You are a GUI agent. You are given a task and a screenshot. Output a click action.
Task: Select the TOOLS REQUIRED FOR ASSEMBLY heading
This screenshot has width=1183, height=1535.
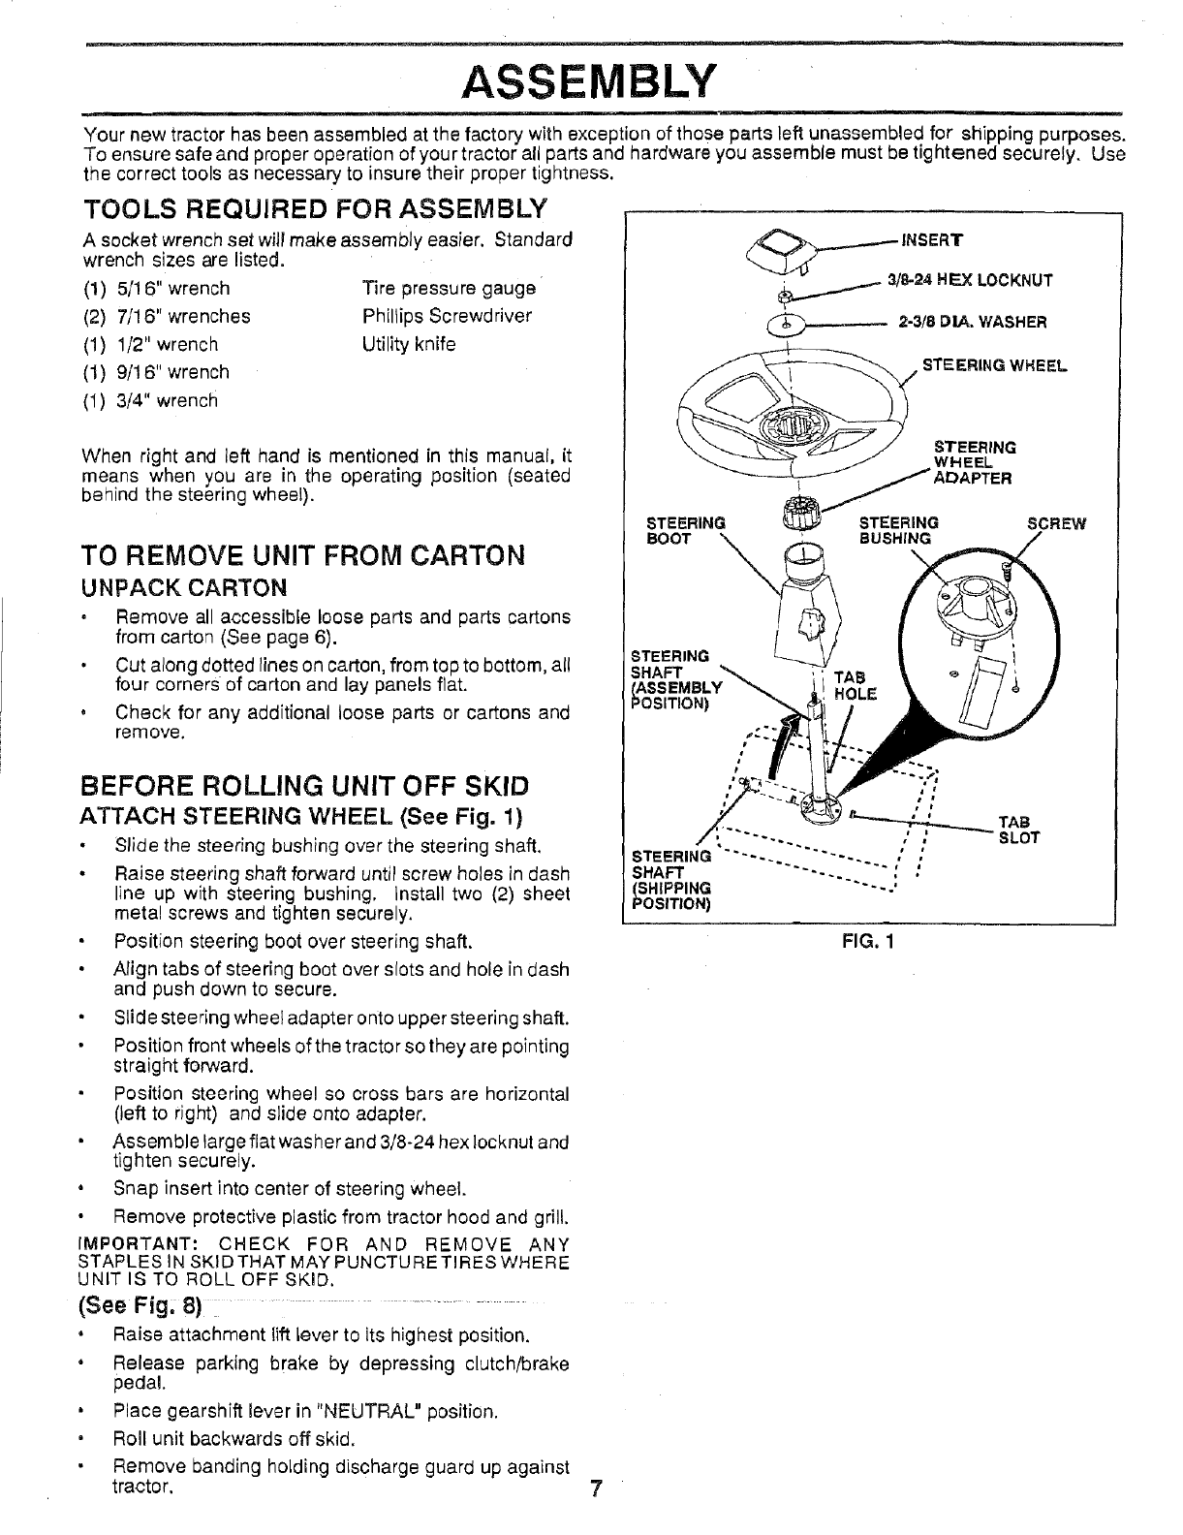pyautogui.click(x=316, y=208)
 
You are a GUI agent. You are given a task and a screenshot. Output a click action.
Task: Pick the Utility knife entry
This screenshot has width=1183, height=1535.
pyautogui.click(x=409, y=344)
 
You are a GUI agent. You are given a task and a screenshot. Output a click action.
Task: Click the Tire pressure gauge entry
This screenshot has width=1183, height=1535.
pyautogui.click(x=449, y=288)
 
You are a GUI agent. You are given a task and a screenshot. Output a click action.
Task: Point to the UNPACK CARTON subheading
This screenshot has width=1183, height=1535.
pyautogui.click(x=184, y=588)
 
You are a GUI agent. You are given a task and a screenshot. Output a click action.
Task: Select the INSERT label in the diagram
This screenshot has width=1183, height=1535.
pyautogui.click(x=928, y=241)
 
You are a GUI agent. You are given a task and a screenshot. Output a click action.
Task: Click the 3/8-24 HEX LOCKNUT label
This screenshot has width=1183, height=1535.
pyautogui.click(x=970, y=281)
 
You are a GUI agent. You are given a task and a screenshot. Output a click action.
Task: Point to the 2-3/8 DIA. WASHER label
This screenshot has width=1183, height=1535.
pyautogui.click(x=972, y=323)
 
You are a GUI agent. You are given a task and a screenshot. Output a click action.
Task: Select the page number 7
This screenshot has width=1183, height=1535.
pyautogui.click(x=595, y=1489)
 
